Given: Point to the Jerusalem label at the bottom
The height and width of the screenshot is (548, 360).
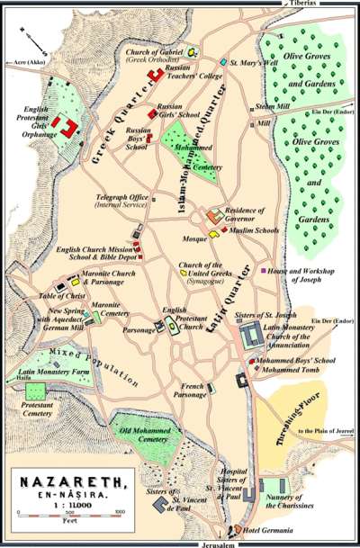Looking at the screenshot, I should coord(235,543).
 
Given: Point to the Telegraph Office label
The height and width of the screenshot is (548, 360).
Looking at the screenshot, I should coord(121,201).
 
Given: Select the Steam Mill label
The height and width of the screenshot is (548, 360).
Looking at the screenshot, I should coord(271,108).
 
